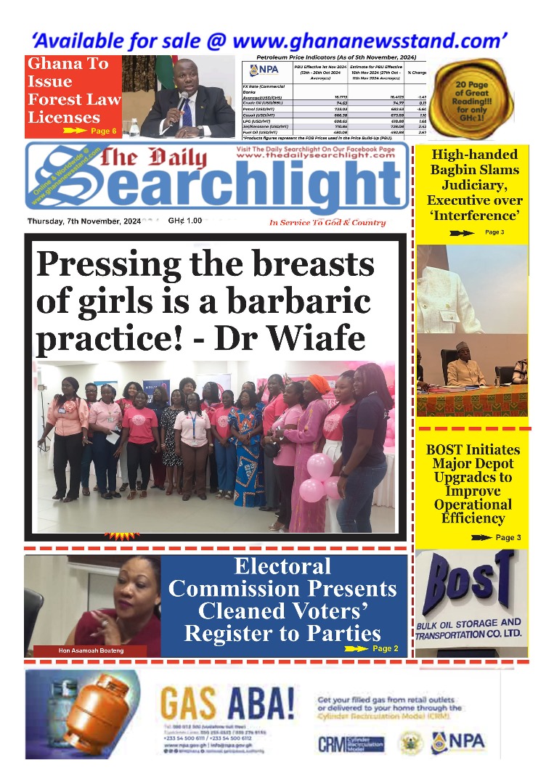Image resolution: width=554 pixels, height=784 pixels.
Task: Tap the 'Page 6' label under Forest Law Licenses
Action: pos(104,131)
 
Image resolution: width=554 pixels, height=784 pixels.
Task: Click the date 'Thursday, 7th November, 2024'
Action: pos(84,221)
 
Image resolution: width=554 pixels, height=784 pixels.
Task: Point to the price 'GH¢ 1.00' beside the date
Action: pos(184,221)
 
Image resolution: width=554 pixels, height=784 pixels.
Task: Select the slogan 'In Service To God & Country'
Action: pos(327,223)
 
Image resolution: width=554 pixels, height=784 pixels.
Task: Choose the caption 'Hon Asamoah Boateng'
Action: pos(91,650)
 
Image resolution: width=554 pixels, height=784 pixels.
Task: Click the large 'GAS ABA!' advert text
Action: pos(228,703)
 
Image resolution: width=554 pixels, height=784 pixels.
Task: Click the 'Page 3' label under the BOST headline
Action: pos(508,538)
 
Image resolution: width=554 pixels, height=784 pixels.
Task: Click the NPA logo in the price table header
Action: pos(265,70)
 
